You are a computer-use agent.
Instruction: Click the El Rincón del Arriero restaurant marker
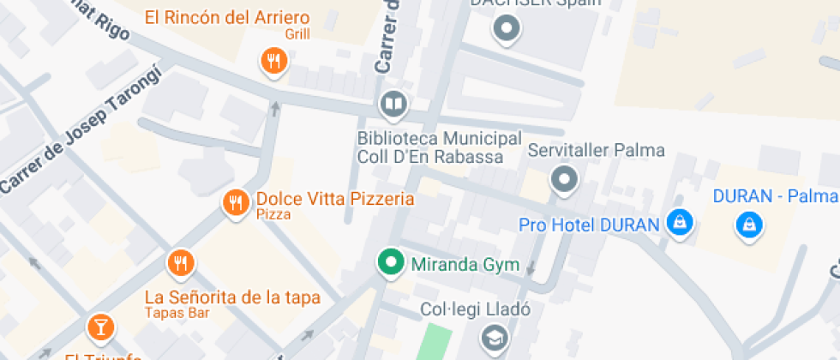tap(273, 61)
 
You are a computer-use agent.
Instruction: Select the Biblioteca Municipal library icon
tap(393, 105)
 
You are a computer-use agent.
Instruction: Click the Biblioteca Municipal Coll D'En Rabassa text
tap(439, 147)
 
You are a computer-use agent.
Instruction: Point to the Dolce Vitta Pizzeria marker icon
tap(235, 203)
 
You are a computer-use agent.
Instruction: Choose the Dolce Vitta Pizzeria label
tap(335, 199)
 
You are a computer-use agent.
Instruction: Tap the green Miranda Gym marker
tap(392, 262)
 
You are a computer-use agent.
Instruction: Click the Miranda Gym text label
tap(465, 264)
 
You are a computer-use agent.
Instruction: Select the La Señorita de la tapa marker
tap(180, 263)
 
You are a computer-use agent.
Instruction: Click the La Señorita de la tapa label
tap(232, 297)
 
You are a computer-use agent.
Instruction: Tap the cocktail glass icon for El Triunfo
tap(100, 327)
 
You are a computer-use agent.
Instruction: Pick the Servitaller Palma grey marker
tap(564, 181)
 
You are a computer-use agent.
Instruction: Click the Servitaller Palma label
tap(596, 151)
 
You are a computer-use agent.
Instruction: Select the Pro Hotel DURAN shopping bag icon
tap(680, 224)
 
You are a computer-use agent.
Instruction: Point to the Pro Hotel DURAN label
tap(589, 225)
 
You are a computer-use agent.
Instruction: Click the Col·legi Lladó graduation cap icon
tap(494, 337)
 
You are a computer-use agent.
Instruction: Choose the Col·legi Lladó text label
tap(476, 309)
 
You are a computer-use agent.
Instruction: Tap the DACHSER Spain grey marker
tap(507, 28)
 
